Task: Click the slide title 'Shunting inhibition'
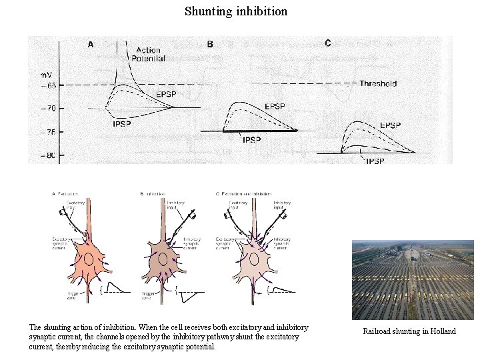tap(236, 11)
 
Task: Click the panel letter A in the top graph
tap(91, 45)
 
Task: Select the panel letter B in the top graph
tap(210, 45)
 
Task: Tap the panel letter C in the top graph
tap(327, 43)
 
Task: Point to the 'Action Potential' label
tap(148, 55)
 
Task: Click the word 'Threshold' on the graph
tap(378, 83)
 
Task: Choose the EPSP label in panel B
tap(275, 107)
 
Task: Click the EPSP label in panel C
tap(390, 125)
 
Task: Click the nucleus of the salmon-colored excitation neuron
tap(87, 259)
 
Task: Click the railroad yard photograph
tap(413, 280)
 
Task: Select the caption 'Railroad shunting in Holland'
tap(409, 331)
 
